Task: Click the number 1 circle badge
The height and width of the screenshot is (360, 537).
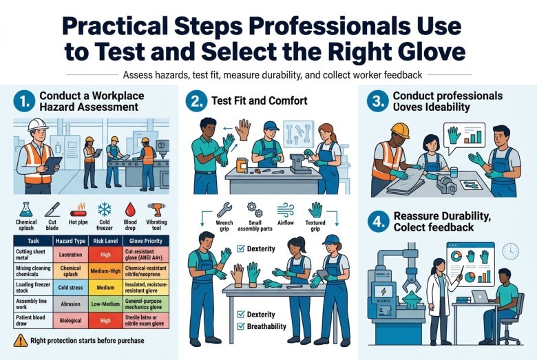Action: [x=24, y=102]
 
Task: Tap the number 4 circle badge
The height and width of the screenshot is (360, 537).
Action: [x=379, y=222]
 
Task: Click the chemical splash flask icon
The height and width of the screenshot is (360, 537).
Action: [x=25, y=209]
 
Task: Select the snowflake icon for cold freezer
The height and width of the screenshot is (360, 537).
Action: [x=105, y=209]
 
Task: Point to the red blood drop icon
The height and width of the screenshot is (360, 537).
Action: [x=130, y=209]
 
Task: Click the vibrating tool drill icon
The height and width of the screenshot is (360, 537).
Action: [x=156, y=209]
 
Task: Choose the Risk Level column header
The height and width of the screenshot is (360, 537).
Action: [x=105, y=241]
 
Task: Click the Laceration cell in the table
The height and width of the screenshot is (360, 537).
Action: [x=70, y=255]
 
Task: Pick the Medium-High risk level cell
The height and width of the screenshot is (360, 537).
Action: [x=105, y=271]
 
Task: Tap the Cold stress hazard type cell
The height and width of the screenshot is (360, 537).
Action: [x=70, y=288]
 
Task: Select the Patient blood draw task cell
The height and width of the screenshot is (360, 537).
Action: [x=33, y=321]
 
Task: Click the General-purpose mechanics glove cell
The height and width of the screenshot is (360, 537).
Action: [x=146, y=304]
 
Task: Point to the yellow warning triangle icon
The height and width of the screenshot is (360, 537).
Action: [x=21, y=340]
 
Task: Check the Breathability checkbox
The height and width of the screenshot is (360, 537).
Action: [x=241, y=326]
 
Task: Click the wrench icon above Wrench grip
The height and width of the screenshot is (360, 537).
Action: [x=224, y=210]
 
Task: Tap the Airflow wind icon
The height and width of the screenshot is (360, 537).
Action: [x=285, y=210]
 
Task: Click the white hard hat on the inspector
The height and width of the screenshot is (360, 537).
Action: [x=38, y=125]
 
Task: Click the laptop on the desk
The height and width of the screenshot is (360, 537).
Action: [x=481, y=297]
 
